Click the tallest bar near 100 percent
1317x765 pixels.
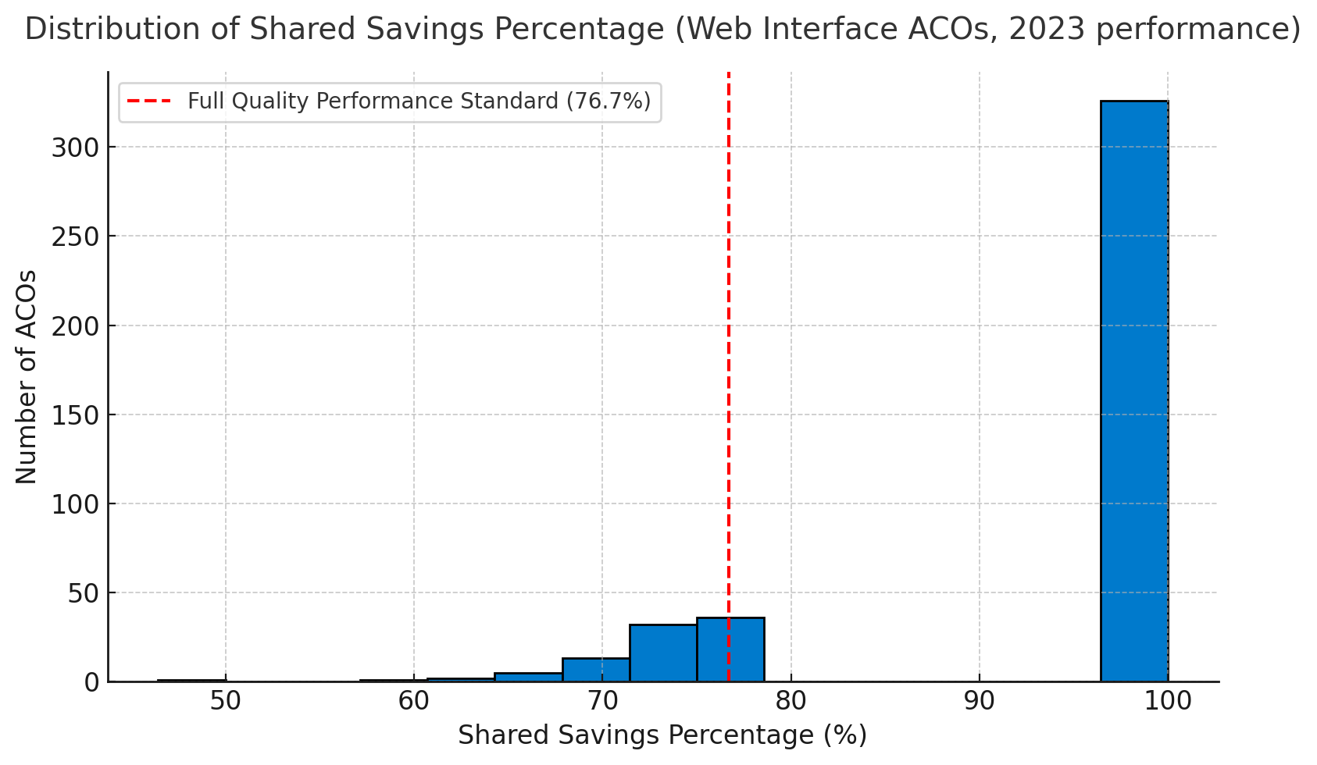click(1133, 390)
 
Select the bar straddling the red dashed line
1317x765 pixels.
click(730, 649)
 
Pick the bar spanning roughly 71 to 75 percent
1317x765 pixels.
click(663, 653)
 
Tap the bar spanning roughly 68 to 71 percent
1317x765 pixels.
click(596, 670)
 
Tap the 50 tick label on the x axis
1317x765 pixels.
click(226, 701)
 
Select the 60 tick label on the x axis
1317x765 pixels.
click(414, 701)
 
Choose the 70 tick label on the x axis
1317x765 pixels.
click(602, 701)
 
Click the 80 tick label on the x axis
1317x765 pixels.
click(791, 701)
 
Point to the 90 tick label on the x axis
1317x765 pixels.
click(980, 701)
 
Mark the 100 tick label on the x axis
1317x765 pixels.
click(1168, 701)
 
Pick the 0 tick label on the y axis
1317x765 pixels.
click(92, 682)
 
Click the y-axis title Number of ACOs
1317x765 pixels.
click(27, 376)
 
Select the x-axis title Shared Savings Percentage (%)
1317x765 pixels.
click(662, 735)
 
